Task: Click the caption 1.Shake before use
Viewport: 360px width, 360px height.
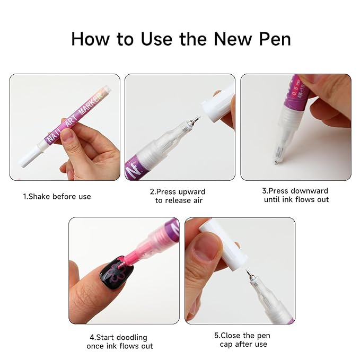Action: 57,196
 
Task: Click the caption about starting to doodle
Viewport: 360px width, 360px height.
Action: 120,341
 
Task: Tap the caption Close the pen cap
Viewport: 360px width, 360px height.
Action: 240,340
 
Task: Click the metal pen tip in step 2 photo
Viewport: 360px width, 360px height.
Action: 194,122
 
